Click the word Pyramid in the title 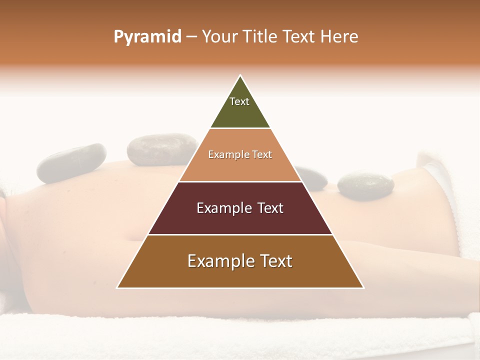click(147, 37)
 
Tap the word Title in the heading click(261, 37)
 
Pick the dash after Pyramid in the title click(191, 37)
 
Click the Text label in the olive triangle click(239, 101)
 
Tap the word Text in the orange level click(262, 155)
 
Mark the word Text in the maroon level click(269, 208)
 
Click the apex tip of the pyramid click(240, 76)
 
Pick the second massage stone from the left click(156, 149)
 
